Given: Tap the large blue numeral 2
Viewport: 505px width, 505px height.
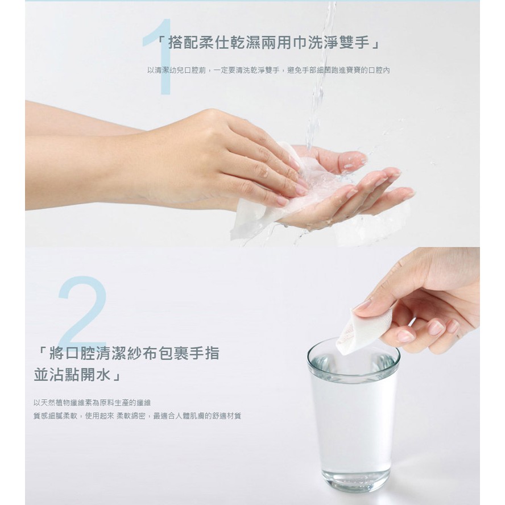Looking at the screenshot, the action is [83, 312].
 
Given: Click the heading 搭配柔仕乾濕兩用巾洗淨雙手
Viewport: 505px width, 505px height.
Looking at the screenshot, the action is [268, 43].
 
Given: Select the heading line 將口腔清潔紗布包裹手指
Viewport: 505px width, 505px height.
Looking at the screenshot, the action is [127, 353].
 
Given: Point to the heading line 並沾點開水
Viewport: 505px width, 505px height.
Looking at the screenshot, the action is [77, 375].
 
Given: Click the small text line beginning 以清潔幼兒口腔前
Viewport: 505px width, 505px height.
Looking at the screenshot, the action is [268, 70].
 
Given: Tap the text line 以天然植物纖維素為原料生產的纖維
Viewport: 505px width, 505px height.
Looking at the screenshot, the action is [92, 403].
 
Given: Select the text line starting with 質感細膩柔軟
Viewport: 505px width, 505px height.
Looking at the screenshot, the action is [137, 416].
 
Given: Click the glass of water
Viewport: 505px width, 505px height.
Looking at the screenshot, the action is [353, 416].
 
